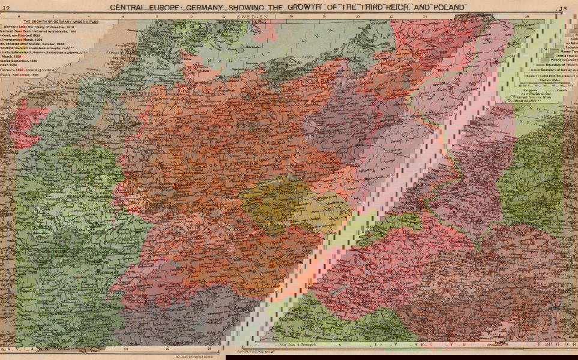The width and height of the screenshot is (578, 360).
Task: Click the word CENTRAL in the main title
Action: click(128, 7)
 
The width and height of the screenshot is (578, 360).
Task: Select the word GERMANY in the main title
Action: click(202, 7)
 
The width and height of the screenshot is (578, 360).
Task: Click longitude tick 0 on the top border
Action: click(19, 17)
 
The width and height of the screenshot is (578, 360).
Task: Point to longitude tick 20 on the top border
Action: click(358, 17)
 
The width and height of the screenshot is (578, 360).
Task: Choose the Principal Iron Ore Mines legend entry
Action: click(542, 94)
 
